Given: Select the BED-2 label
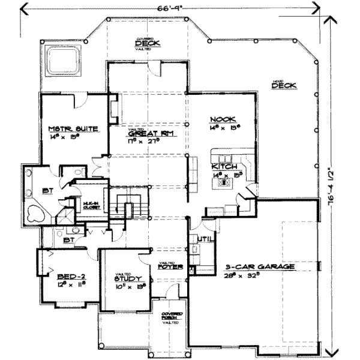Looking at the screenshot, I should pyautogui.click(x=70, y=277).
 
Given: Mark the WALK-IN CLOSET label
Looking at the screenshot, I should pyautogui.click(x=91, y=204).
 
